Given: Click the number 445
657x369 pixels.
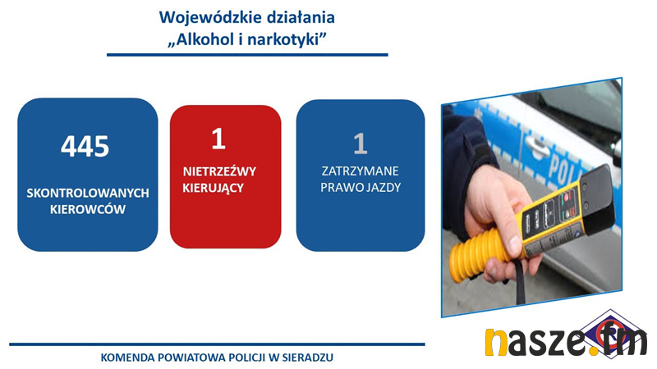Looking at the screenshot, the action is click(85, 147).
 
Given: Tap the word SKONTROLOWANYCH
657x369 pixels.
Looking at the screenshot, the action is click(88, 194).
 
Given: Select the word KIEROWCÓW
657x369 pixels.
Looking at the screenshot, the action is click(88, 209).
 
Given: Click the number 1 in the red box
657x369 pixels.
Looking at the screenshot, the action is click(218, 139).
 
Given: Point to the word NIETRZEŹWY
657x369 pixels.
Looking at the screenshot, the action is click(219, 171).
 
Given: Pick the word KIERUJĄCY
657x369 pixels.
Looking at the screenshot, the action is click(214, 188).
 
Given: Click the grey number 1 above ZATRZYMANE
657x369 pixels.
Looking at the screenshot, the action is click(361, 143).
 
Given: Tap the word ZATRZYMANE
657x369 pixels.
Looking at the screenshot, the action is click(361, 171).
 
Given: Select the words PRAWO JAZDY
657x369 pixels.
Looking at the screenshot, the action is click(361, 188).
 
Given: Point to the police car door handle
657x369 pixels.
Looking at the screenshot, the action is click(539, 147).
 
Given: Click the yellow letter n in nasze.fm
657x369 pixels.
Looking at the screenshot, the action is click(496, 343).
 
